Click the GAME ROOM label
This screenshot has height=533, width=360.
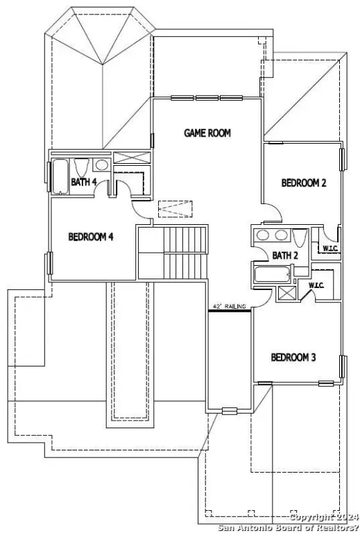coord(207,133)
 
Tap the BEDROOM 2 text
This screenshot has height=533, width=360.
coord(304,183)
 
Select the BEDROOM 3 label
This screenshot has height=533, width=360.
coord(293,357)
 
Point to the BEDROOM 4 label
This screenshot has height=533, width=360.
coord(90,237)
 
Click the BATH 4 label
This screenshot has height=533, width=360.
coord(84,183)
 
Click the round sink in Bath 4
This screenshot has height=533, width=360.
coord(101,166)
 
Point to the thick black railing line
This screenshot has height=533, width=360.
coord(230,311)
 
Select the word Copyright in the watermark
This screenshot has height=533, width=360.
coord(311,517)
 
